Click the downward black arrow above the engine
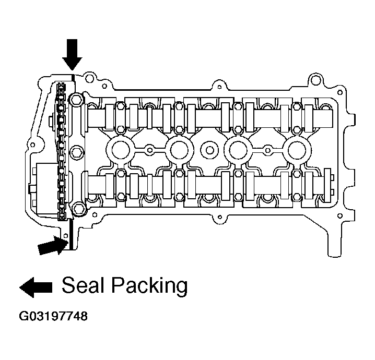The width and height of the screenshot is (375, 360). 72,54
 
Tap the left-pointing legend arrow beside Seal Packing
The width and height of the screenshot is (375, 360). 36,287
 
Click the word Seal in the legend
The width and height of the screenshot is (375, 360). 80,285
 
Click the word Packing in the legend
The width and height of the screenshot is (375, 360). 149,287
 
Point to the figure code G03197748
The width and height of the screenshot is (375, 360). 53,316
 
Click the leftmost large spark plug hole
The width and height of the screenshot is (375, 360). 120,150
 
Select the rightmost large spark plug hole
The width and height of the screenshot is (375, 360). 297,150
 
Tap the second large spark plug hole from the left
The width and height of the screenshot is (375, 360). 179,150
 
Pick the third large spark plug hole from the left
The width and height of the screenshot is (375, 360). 238,150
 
